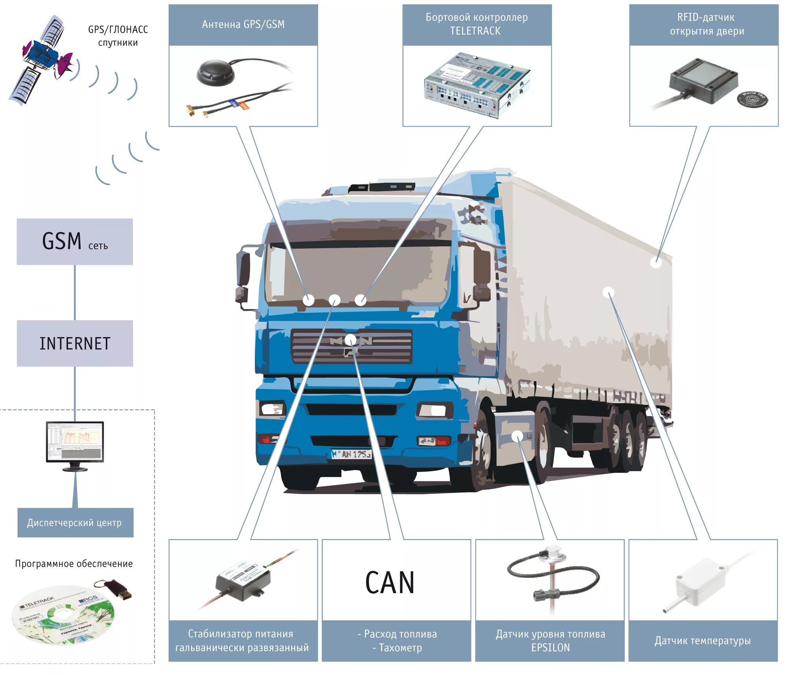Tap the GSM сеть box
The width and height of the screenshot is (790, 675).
(75, 242)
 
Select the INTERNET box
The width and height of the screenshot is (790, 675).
(75, 343)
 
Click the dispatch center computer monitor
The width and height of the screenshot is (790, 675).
(75, 443)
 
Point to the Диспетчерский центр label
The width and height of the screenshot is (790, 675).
(75, 523)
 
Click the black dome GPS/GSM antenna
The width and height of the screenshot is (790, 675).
(215, 72)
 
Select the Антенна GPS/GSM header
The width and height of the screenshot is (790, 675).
(243, 24)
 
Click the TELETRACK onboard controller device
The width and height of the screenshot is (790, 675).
(477, 85)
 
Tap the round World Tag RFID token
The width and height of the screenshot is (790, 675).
(752, 99)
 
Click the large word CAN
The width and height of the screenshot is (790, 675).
(390, 583)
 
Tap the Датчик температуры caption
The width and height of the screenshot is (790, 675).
(703, 641)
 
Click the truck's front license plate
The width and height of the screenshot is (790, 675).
(351, 454)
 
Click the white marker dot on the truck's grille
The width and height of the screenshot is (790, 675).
(350, 339)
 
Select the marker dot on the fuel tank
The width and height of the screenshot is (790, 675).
(517, 435)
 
